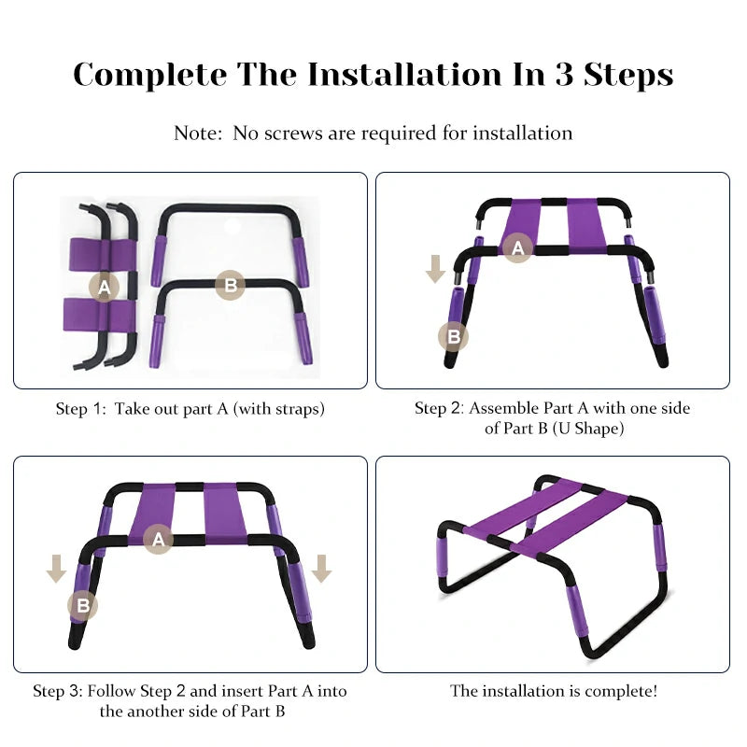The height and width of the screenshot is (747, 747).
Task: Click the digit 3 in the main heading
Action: (565, 75)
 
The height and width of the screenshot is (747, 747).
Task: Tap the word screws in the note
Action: (293, 134)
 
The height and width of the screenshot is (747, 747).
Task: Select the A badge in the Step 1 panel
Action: (104, 287)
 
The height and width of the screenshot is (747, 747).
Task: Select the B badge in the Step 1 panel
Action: (230, 285)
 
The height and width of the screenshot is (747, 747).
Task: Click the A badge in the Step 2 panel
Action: (518, 247)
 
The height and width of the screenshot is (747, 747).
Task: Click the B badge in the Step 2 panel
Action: (453, 337)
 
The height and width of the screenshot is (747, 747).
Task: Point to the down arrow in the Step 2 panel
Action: (435, 269)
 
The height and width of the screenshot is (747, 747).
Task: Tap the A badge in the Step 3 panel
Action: (158, 539)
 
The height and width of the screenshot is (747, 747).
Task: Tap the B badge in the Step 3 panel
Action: (83, 605)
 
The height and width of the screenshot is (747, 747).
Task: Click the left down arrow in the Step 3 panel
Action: (57, 569)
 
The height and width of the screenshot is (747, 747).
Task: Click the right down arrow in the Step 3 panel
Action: (321, 569)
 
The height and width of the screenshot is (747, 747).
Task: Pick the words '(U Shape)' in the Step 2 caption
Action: (588, 429)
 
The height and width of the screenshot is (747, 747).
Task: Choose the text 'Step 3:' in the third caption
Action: (58, 691)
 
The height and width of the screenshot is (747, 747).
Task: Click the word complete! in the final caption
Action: (614, 691)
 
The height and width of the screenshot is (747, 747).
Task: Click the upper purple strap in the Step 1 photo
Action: (102, 254)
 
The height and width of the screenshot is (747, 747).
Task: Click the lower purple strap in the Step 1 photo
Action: (99, 315)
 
